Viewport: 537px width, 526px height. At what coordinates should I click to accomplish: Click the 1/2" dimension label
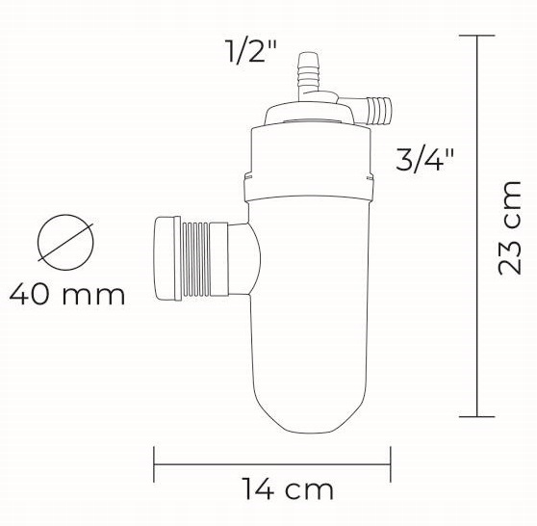[x=250, y=51]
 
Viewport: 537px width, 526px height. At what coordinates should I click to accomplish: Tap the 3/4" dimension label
[x=424, y=159]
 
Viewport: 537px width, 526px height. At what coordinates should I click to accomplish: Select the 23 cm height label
[x=509, y=227]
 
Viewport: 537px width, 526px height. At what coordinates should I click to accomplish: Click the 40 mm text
[x=67, y=295]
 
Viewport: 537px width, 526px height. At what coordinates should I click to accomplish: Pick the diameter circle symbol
[x=65, y=242]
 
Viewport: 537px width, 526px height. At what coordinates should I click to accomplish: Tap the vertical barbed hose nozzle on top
[x=308, y=76]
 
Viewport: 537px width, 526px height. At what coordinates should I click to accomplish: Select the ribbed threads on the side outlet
[x=195, y=259]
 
